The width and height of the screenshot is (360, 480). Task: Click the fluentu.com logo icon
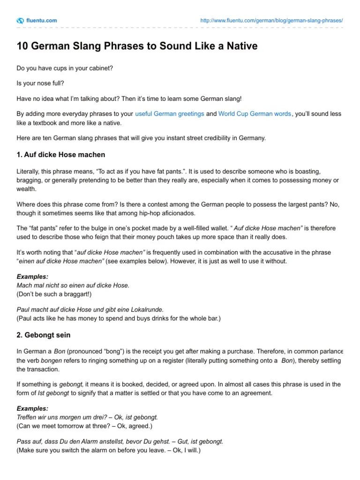(20, 21)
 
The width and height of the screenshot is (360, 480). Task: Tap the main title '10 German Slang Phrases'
(137, 46)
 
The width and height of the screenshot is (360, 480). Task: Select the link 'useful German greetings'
(169, 114)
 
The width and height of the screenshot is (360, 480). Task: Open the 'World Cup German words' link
(255, 114)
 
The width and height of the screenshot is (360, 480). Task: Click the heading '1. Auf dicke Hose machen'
(61, 154)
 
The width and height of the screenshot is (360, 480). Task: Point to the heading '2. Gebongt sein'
(44, 336)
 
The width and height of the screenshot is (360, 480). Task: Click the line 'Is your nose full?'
(41, 83)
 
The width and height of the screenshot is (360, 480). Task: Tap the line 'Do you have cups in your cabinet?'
(65, 68)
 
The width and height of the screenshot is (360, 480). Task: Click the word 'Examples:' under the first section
(32, 277)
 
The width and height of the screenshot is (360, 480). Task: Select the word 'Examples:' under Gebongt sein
(32, 408)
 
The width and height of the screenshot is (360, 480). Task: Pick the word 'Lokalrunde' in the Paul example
(148, 310)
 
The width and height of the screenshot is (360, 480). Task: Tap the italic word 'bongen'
(51, 360)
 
